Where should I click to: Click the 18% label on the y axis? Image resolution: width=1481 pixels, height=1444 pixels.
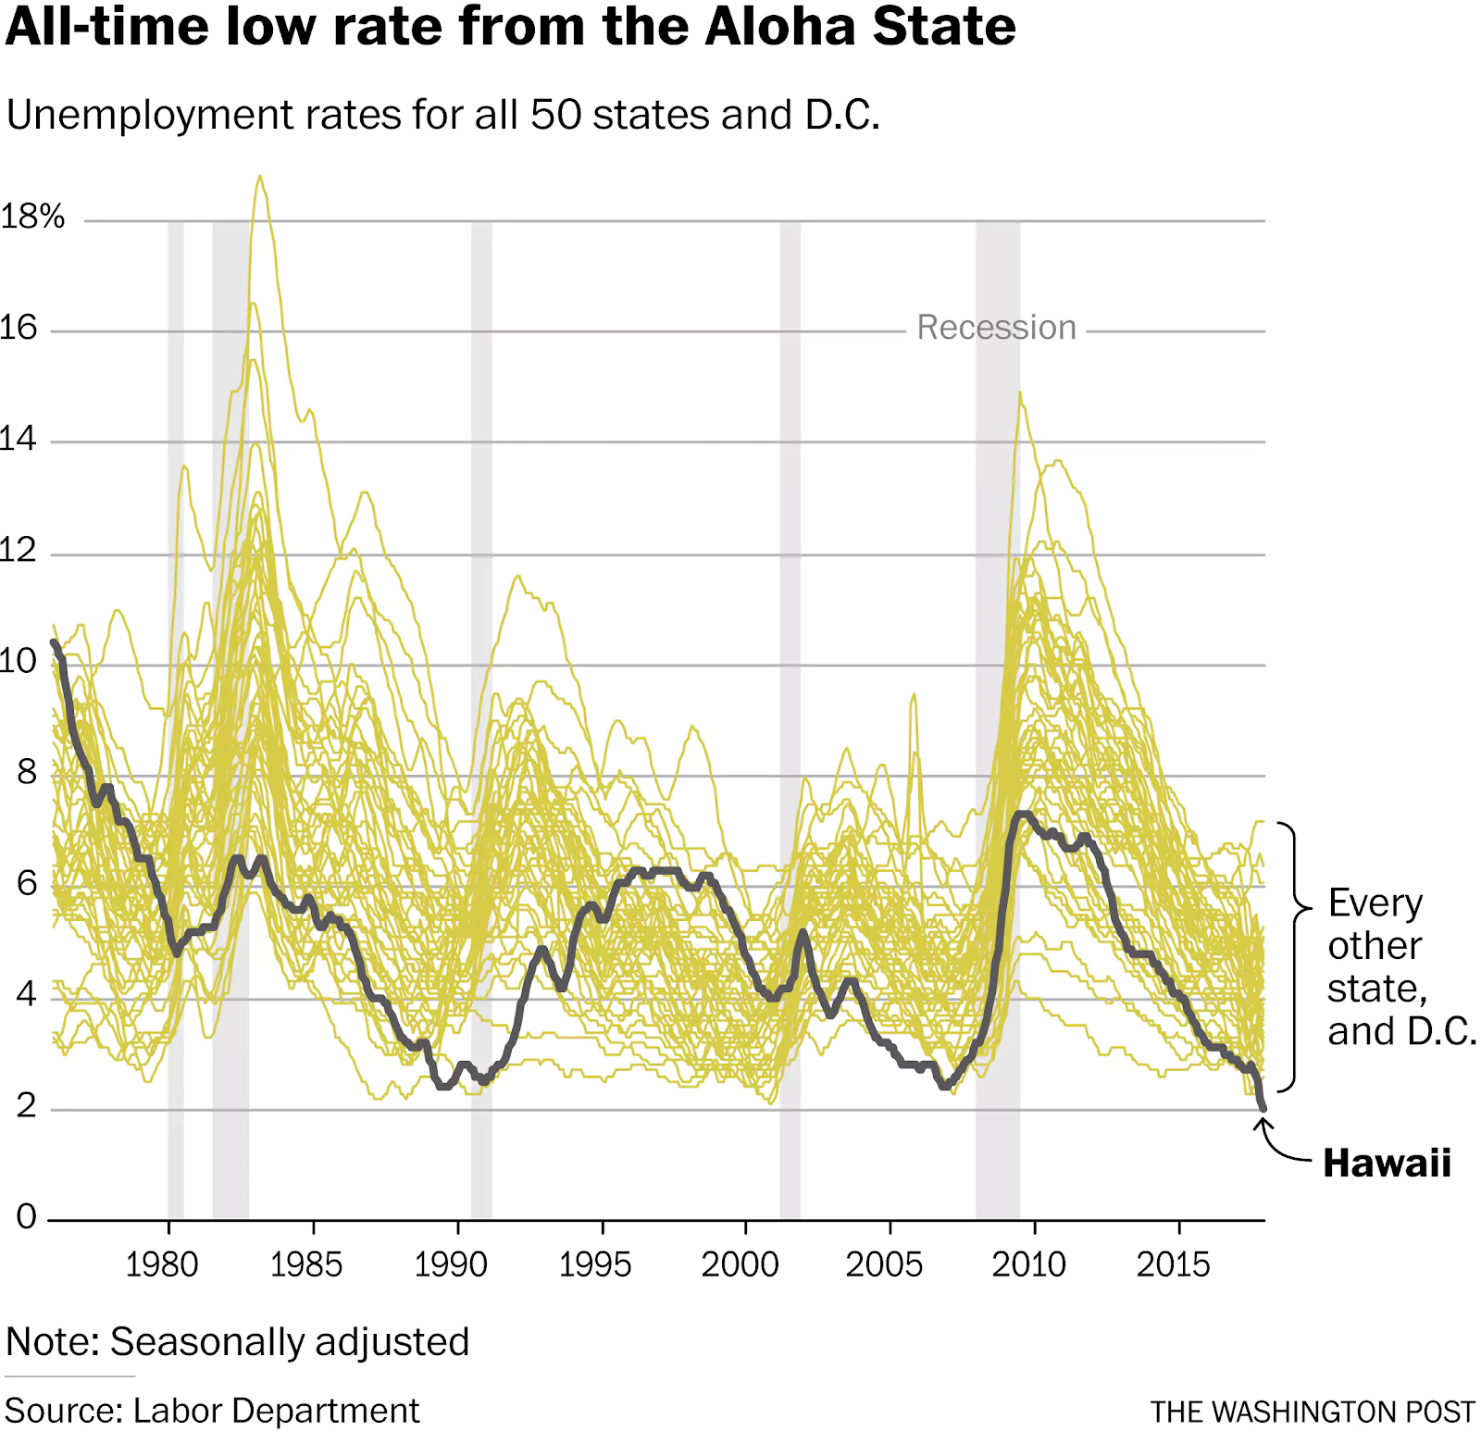coord(32,217)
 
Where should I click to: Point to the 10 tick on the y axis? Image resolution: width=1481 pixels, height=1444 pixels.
coord(19,661)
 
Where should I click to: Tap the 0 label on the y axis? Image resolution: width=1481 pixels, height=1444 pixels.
coord(26,1215)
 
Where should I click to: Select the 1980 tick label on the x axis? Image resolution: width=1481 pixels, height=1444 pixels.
coord(162,1264)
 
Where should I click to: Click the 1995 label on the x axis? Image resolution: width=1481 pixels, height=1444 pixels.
coord(595,1264)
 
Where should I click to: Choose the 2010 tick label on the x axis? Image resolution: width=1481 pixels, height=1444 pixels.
coord(1028,1264)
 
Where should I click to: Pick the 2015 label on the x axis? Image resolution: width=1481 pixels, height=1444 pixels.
coord(1173,1264)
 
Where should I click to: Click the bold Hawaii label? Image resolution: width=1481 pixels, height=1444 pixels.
coord(1387,1163)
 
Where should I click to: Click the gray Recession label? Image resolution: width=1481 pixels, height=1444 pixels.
coord(996,328)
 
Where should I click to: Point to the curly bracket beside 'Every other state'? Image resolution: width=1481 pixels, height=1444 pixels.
coord(1294,955)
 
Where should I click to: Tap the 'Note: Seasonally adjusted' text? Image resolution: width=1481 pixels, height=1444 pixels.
coord(238,1341)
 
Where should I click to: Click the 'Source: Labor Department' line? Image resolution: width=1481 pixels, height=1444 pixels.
coord(212,1411)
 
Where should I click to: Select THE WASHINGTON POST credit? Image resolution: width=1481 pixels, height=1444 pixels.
coord(1312,1412)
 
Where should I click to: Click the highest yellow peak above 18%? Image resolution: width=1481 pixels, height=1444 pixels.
coord(260,177)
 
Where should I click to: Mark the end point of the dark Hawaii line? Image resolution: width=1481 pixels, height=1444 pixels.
coord(1263,1107)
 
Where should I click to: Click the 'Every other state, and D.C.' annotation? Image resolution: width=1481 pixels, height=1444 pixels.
coord(1398,966)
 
